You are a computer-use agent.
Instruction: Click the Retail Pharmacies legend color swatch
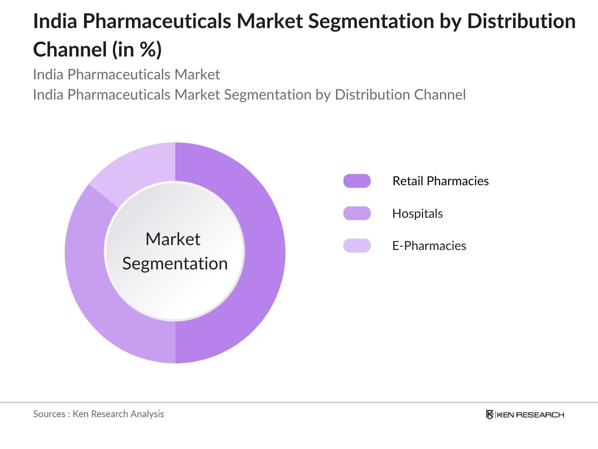pyautogui.click(x=357, y=181)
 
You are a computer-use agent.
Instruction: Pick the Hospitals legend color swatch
pyautogui.click(x=357, y=213)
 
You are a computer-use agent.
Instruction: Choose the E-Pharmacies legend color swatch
pyautogui.click(x=357, y=246)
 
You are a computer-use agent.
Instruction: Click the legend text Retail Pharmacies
pyautogui.click(x=440, y=181)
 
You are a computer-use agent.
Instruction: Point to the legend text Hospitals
pyautogui.click(x=417, y=214)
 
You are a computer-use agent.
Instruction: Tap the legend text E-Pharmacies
pyautogui.click(x=429, y=246)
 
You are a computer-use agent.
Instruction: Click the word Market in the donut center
pyautogui.click(x=173, y=239)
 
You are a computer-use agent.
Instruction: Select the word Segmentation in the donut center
pyautogui.click(x=175, y=264)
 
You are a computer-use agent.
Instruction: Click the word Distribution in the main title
pyautogui.click(x=521, y=21)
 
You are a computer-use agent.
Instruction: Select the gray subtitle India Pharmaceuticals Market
pyautogui.click(x=126, y=74)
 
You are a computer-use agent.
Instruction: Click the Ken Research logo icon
pyautogui.click(x=489, y=415)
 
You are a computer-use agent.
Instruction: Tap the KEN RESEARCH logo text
pyautogui.click(x=530, y=415)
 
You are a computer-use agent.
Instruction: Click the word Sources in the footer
pyautogui.click(x=49, y=414)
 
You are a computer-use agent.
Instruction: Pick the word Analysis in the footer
pyautogui.click(x=148, y=414)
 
